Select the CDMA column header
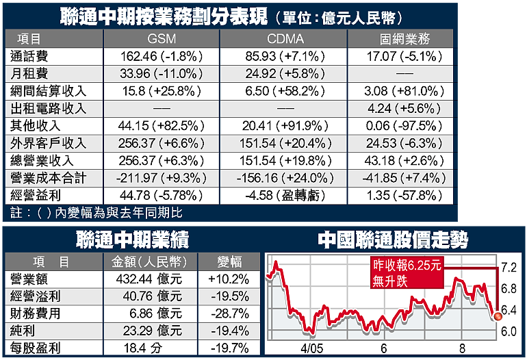click(x=286, y=38)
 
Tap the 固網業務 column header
click(x=400, y=38)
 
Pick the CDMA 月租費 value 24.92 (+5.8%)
click(x=286, y=73)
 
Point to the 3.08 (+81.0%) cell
click(x=400, y=90)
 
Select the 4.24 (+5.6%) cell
click(x=400, y=108)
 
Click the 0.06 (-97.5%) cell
click(x=400, y=126)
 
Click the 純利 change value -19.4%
click(x=228, y=330)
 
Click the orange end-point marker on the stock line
click(x=496, y=316)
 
